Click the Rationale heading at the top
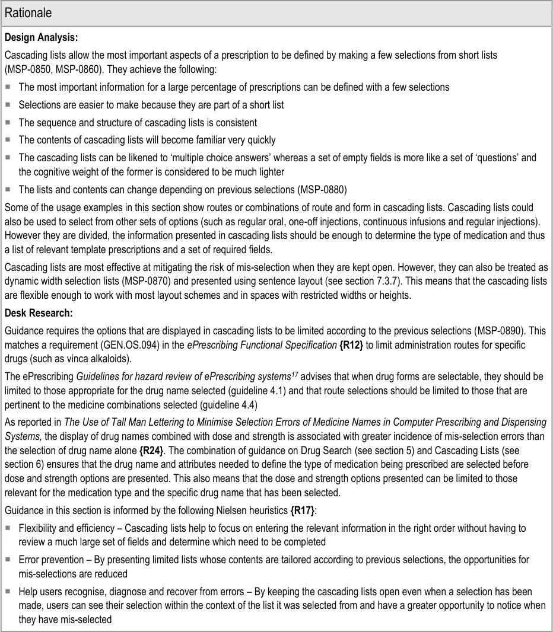tap(28, 12)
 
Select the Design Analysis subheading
tap(41, 37)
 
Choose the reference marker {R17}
tap(305, 511)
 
